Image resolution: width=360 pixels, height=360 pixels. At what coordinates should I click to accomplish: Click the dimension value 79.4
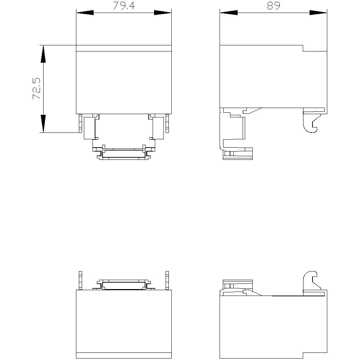click(x=124, y=6)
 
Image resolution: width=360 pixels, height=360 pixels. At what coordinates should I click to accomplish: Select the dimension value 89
click(x=273, y=6)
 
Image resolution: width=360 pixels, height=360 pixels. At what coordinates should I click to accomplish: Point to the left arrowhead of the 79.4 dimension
click(x=85, y=13)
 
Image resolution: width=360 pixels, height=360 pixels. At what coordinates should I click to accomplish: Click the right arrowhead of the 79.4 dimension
click(x=163, y=13)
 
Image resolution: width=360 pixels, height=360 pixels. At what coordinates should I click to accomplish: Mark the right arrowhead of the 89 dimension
click(x=319, y=13)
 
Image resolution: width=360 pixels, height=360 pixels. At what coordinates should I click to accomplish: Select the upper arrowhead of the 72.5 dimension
click(x=43, y=54)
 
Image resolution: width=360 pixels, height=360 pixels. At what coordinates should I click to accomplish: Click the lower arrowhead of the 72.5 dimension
click(x=43, y=124)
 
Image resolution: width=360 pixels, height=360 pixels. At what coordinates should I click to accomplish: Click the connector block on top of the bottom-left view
click(x=124, y=285)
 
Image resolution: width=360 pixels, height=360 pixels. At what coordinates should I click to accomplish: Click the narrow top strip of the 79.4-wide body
click(x=124, y=48)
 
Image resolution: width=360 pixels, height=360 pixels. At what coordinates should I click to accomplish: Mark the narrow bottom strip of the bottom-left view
click(x=124, y=355)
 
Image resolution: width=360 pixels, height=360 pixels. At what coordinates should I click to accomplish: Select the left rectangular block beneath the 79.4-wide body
click(x=89, y=127)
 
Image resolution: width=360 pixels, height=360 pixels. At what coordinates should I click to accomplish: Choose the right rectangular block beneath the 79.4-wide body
click(x=158, y=127)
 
